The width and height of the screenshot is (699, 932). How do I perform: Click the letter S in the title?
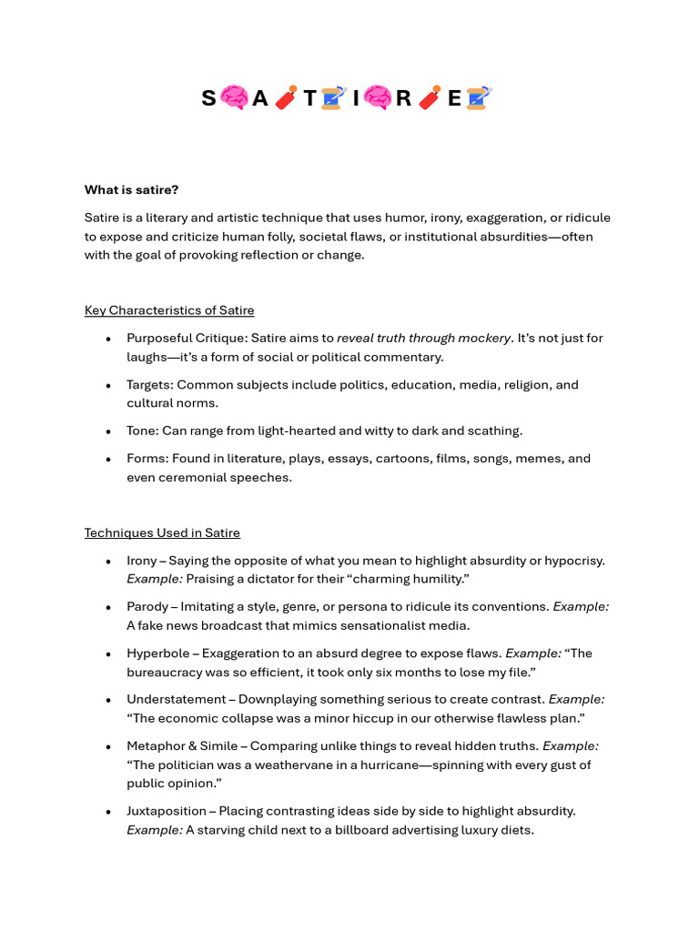[x=208, y=98]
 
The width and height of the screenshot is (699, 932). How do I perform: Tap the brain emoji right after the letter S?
[x=234, y=98]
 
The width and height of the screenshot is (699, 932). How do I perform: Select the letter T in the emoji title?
[x=310, y=98]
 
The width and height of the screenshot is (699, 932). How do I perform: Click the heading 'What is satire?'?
[x=131, y=189]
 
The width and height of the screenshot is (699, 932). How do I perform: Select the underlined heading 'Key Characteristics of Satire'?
[x=169, y=310]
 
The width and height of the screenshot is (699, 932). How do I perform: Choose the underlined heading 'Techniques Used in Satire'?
[x=162, y=532]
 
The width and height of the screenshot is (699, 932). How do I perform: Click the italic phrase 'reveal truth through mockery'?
[x=423, y=338]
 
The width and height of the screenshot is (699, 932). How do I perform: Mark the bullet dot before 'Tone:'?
[x=108, y=431]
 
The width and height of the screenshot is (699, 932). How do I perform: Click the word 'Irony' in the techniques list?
[x=142, y=561]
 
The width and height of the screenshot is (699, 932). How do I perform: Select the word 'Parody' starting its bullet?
[x=147, y=606]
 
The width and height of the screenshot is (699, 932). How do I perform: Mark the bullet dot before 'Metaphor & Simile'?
[x=108, y=746]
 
